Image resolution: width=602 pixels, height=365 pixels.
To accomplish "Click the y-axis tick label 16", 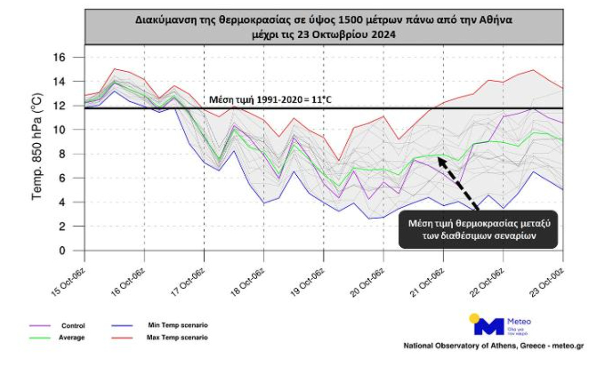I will coord(61,57).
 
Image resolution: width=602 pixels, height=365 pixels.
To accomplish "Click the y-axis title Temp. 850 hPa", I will coord(37,146).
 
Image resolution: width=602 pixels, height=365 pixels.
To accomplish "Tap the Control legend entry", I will coord(73,326).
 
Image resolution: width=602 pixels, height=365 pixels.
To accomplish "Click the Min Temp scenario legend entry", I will coord(177,325).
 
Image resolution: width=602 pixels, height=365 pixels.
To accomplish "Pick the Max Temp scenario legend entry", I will coord(177,338).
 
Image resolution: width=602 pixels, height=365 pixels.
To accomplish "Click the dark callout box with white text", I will coord(478,229).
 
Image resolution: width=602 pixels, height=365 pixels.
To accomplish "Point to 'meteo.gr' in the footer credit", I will coord(567,346).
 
